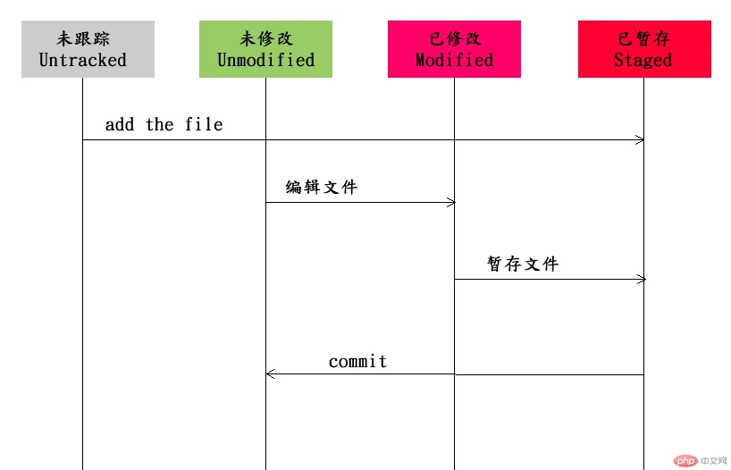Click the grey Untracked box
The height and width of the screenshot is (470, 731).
pos(88,49)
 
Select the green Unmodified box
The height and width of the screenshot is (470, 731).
pos(265,49)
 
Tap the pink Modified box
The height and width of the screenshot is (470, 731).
pos(454,49)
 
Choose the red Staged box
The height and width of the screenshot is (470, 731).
pos(644,49)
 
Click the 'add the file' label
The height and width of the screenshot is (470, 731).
pos(164,124)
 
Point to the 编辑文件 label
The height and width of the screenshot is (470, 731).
pos(322,187)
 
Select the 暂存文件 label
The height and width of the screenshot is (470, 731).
pos(523,264)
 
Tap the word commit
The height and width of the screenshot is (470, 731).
pos(358,361)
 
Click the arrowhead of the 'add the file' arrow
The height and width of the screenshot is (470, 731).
pos(640,139)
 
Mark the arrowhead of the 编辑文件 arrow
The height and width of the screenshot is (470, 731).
pos(450,202)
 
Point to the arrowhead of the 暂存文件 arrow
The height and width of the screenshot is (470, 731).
pos(642,280)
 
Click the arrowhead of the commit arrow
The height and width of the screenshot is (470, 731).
pos(271,374)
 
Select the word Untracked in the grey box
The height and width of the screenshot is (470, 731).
pos(83,60)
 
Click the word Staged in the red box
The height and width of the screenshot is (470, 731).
pos(643,60)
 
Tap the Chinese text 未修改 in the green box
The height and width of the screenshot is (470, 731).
pos(266,38)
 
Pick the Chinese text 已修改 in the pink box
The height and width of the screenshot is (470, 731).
pos(455,38)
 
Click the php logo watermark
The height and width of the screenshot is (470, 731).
pos(685,461)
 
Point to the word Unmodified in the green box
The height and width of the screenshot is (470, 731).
pos(265,60)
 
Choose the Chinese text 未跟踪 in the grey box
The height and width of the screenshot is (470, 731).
pos(83,38)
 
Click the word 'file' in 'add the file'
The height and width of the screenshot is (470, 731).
pos(204,124)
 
